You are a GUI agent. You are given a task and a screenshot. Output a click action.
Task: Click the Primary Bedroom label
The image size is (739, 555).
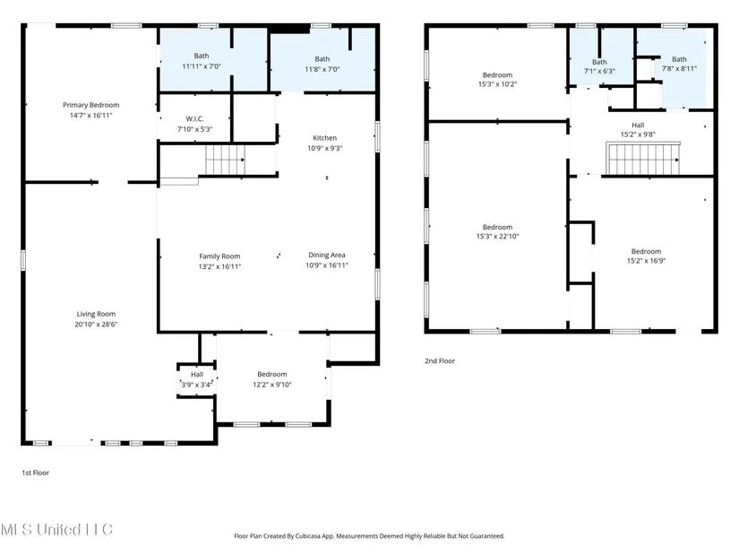point(91,105)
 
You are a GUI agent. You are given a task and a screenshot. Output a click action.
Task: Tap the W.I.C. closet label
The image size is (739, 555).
point(194,118)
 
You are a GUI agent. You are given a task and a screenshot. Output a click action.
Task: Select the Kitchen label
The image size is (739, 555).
point(325,138)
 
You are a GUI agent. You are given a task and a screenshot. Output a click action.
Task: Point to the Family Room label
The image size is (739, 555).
point(219,256)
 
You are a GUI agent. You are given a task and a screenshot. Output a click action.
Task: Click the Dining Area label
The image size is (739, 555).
point(327,255)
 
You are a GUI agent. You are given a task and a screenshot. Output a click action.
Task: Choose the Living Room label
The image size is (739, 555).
point(96,314)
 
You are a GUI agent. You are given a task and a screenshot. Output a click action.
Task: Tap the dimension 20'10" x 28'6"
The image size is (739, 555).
point(96,325)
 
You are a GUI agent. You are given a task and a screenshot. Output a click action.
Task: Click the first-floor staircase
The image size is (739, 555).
point(225,160)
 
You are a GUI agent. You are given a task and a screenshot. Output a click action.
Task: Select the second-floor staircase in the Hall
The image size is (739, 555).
point(644,159)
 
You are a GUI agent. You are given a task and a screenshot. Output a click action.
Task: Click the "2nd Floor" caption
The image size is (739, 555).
point(440,361)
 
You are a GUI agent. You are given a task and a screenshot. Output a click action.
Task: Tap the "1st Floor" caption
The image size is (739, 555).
point(35,473)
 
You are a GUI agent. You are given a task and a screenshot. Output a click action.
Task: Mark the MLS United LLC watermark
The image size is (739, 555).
point(56,530)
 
